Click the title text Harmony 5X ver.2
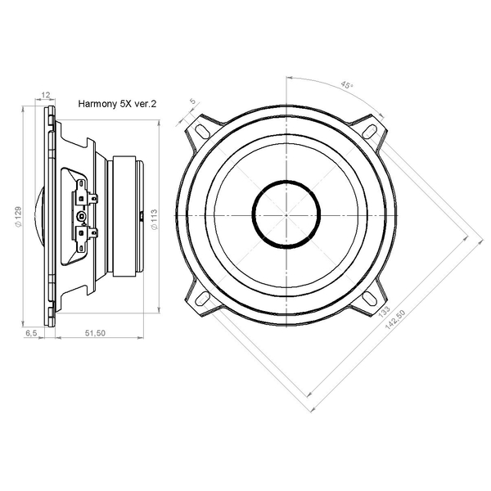click(117, 104)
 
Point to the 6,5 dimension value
click(32, 334)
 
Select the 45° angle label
click(346, 85)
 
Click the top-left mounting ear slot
click(201, 129)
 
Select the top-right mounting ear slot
click(370, 129)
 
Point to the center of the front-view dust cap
click(286, 214)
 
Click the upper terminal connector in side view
click(84, 196)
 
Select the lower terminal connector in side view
click(84, 234)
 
